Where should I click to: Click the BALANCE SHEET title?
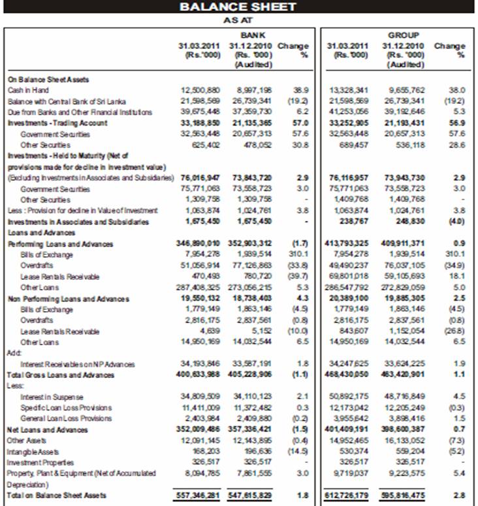pyautogui.click(x=238, y=7)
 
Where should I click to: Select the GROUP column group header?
pyautogui.click(x=403, y=35)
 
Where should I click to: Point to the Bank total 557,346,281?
pyautogui.click(x=199, y=496)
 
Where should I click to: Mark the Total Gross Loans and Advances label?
pyautogui.click(x=61, y=375)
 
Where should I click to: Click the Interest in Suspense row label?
pyautogui.click(x=52, y=397)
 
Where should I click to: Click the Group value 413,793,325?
pyautogui.click(x=348, y=244)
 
